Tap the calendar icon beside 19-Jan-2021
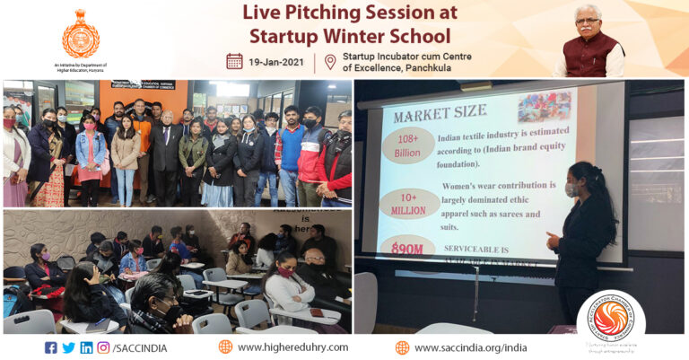click(234, 61)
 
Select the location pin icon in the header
click(330, 61)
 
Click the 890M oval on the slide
click(408, 248)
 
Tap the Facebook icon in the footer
click(51, 347)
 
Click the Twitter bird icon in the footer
click(69, 347)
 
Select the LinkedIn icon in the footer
click(86, 347)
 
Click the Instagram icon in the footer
click(103, 347)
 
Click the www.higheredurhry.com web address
click(292, 347)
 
